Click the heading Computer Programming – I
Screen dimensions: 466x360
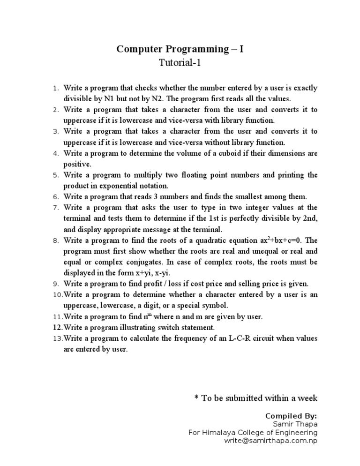click(x=180, y=49)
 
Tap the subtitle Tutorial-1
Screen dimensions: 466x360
click(x=180, y=63)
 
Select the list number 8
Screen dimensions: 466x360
click(x=55, y=241)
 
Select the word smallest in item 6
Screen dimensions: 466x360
click(x=236, y=196)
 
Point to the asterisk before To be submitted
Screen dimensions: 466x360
click(x=196, y=398)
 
